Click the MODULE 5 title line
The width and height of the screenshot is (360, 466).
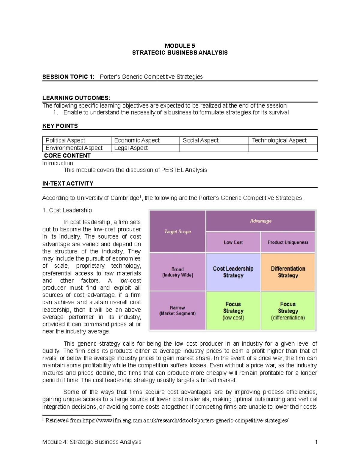click(x=180, y=46)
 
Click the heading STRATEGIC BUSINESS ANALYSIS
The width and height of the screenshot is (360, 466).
click(x=180, y=53)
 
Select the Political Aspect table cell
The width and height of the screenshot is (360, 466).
click(x=76, y=140)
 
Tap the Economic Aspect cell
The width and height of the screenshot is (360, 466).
click(x=145, y=140)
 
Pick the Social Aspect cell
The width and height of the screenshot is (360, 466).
click(x=214, y=140)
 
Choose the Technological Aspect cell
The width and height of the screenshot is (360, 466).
click(x=283, y=140)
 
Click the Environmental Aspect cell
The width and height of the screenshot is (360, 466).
click(x=76, y=148)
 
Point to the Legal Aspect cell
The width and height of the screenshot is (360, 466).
click(x=145, y=148)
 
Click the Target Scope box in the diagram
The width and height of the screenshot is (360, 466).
click(x=178, y=231)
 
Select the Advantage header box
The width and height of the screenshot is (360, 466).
click(x=260, y=221)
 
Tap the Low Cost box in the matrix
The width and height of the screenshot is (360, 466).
click(x=233, y=242)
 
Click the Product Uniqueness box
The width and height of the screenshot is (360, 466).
click(x=288, y=242)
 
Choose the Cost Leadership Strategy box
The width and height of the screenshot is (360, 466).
click(x=233, y=272)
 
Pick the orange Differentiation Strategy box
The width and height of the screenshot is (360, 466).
click(x=288, y=272)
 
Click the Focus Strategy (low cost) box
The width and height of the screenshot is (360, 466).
click(x=233, y=311)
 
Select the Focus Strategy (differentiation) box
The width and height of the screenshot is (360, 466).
click(x=288, y=311)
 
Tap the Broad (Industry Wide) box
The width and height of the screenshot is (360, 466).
click(x=178, y=272)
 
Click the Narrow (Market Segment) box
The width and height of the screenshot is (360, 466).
click(x=178, y=311)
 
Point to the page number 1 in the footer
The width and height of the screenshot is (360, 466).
click(x=316, y=442)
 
